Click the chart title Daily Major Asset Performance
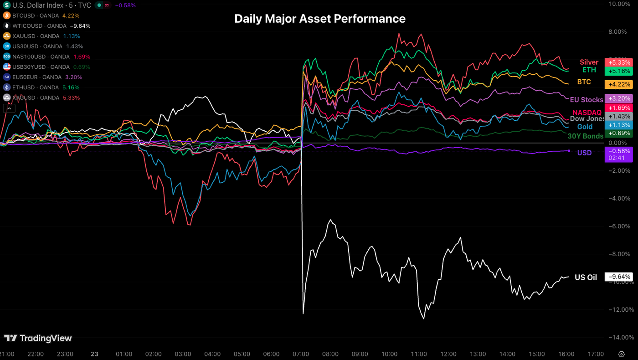pos(319,19)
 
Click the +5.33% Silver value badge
pos(618,62)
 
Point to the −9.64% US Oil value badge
pos(618,277)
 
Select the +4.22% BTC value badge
pos(618,84)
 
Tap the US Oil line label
pos(586,277)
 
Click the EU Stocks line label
pos(587,99)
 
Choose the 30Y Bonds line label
pos(585,136)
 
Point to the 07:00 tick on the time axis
pos(301,354)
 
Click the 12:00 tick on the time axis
pos(448,354)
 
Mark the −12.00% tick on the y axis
pos(621,309)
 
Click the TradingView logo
pos(38,338)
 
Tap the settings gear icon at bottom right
pos(621,354)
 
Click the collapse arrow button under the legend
pos(9,108)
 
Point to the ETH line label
pos(589,70)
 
